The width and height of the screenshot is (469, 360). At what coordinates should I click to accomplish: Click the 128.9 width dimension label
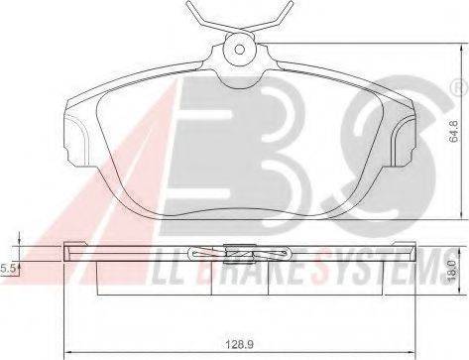pos(239,345)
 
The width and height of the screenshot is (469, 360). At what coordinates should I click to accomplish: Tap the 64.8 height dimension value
pos(454,131)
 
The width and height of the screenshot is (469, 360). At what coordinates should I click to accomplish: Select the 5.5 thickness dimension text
pos(7,269)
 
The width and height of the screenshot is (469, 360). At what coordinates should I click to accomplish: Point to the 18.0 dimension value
pos(452,272)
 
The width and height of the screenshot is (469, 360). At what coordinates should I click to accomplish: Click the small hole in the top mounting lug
pos(239,50)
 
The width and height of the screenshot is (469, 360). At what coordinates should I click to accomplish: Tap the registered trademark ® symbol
pos(459,88)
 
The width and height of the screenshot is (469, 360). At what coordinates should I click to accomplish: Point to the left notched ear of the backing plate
pos(76,139)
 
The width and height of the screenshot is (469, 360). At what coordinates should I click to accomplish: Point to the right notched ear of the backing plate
pos(403,139)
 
